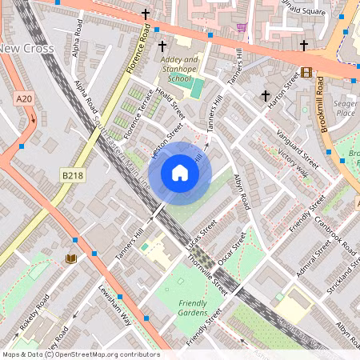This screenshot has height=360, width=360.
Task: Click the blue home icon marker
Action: [180, 172]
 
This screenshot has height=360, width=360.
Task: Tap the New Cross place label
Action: [27, 49]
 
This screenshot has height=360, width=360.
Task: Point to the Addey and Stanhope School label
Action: [180, 70]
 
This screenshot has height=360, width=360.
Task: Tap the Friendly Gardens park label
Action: [192, 309]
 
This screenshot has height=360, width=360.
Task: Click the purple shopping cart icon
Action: [242, 27]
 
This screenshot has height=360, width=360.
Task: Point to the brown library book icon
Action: [71, 258]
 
